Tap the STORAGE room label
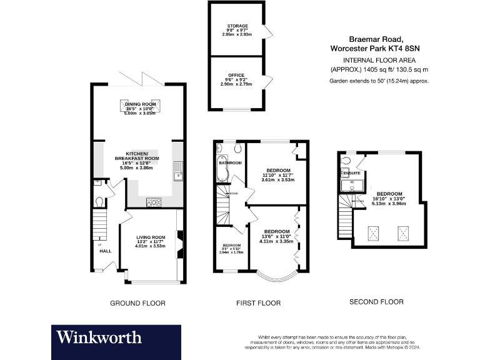[237, 26]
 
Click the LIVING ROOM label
[150, 237]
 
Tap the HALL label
[105, 251]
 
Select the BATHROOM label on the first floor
[231, 163]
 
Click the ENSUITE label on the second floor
[352, 172]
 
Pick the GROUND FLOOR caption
[137, 303]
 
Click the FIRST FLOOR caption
[258, 303]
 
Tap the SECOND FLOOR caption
[376, 302]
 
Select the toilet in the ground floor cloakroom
[100, 202]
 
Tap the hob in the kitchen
[153, 202]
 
